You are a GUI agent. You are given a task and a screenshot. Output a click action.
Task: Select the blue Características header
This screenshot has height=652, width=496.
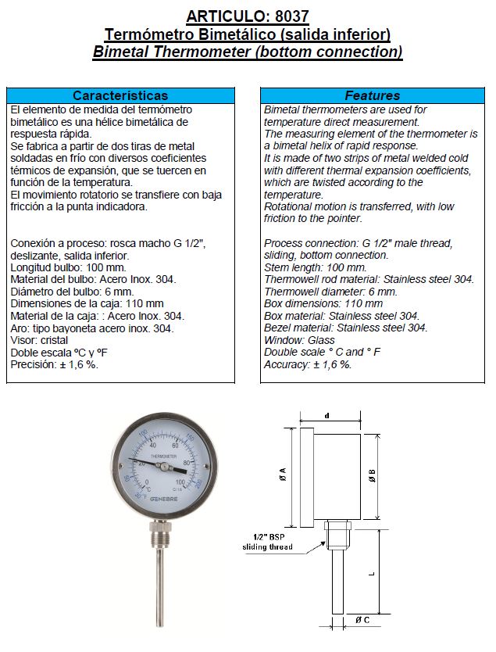pos(120,95)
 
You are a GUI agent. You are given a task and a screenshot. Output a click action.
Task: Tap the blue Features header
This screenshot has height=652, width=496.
pos(372,95)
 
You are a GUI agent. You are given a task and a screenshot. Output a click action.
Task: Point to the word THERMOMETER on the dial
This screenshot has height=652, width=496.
pos(163,455)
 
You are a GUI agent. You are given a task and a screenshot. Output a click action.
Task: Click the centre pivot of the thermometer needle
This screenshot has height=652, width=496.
pos(164,467)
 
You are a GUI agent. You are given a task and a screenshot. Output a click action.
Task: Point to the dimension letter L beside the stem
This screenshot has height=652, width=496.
pos(372,572)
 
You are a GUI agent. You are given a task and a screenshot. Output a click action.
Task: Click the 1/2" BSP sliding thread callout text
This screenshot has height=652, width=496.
pos(267,541)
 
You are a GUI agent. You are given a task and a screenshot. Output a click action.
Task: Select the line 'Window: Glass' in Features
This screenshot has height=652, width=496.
pos(299,340)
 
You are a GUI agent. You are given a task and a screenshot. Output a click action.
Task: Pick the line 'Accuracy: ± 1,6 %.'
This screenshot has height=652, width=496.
pos(308,364)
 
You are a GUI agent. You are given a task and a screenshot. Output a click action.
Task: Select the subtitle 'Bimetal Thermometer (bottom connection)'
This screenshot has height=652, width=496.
pos(248,52)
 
